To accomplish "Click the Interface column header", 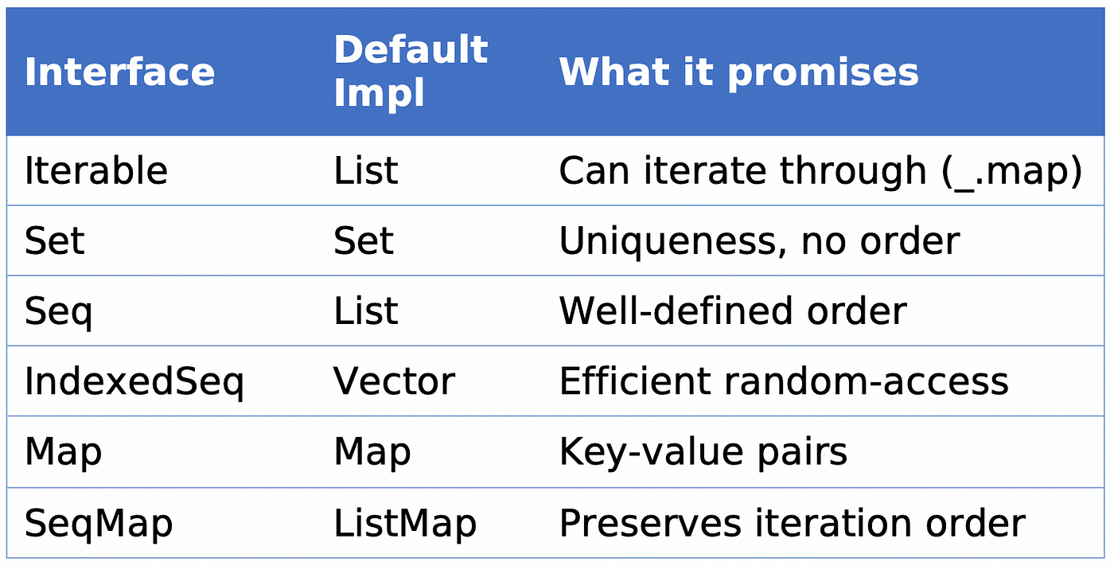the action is [x=119, y=72].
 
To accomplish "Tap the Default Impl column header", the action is [x=411, y=71].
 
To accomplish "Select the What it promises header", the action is [x=738, y=72].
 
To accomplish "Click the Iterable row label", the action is [x=96, y=170].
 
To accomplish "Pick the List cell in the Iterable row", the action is [x=365, y=170].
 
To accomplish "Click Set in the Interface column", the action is [x=55, y=240].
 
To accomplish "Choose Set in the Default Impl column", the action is [x=364, y=240].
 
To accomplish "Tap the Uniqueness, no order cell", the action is [x=759, y=242].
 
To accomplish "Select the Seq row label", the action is [x=58, y=312].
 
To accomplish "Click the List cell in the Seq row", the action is [x=365, y=310].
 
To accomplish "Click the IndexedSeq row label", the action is [x=134, y=382].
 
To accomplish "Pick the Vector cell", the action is [x=394, y=381].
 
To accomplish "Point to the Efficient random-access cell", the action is [x=784, y=381].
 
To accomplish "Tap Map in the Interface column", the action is [x=63, y=453].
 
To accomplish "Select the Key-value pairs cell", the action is [x=703, y=453].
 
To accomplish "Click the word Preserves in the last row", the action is [x=650, y=523].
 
